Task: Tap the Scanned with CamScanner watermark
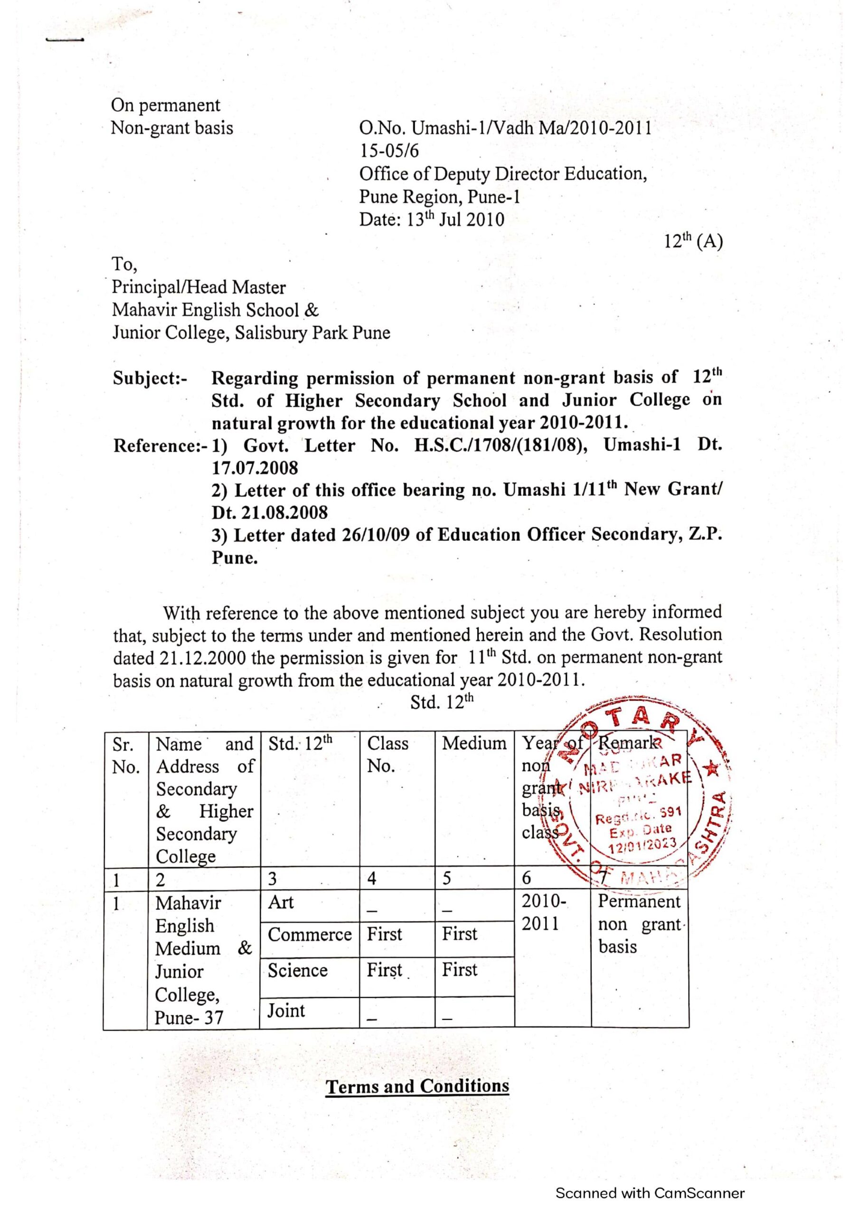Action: [x=650, y=1193]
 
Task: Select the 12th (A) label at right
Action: [x=693, y=241]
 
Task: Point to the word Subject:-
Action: [x=150, y=378]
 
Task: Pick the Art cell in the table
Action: [x=281, y=902]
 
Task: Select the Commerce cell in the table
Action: [x=310, y=934]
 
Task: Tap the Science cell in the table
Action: [x=298, y=970]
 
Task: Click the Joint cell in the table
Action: [x=286, y=1010]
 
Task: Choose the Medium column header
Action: [x=474, y=743]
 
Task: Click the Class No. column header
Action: [x=387, y=754]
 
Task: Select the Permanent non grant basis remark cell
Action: [x=640, y=924]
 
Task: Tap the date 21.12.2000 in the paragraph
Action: [x=202, y=658]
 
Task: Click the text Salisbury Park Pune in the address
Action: [x=312, y=332]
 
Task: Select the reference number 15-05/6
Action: [x=389, y=151]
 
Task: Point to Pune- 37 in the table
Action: [x=189, y=1017]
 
